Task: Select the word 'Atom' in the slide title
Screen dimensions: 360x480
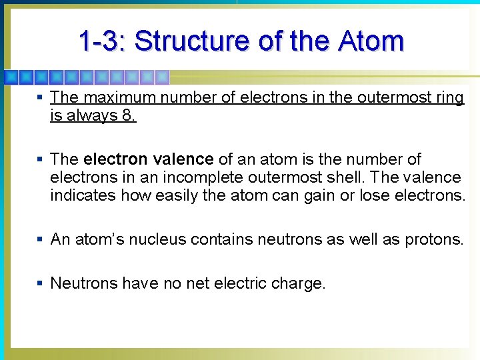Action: [x=371, y=41]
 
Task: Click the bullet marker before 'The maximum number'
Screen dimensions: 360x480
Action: [x=40, y=98]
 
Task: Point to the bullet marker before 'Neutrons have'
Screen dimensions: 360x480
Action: [x=40, y=283]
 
